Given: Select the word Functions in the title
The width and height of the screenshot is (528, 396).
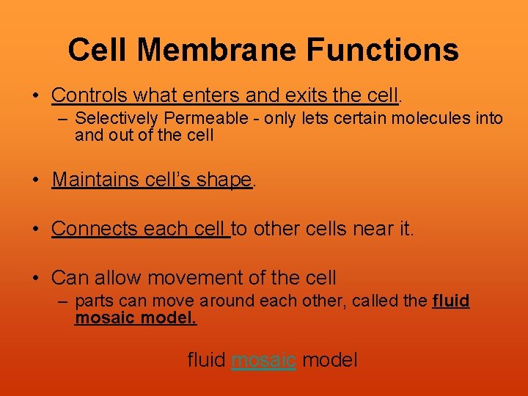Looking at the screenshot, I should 382,51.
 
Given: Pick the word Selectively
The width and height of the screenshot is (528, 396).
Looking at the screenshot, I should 117,118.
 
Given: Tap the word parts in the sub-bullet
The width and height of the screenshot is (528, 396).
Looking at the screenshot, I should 92,301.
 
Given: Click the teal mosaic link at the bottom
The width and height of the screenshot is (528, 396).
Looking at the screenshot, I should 263,360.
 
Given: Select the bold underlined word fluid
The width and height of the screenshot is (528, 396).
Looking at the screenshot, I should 451,301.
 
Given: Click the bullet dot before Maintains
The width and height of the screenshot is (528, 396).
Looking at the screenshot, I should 36,180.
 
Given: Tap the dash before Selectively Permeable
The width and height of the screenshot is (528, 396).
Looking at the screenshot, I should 64,118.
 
